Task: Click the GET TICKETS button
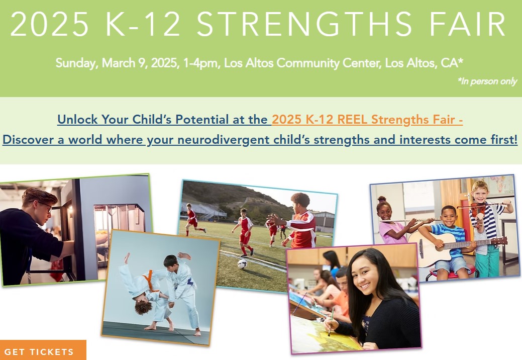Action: click(43, 350)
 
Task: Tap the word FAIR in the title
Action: click(468, 24)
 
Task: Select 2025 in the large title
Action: click(50, 24)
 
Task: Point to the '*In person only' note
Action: click(487, 81)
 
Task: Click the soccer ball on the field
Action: click(242, 264)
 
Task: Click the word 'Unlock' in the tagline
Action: click(77, 119)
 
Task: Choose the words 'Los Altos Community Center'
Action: click(302, 63)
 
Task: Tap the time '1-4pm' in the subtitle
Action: click(201, 63)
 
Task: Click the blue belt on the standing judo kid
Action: click(190, 282)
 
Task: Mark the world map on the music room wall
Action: click(499, 185)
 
